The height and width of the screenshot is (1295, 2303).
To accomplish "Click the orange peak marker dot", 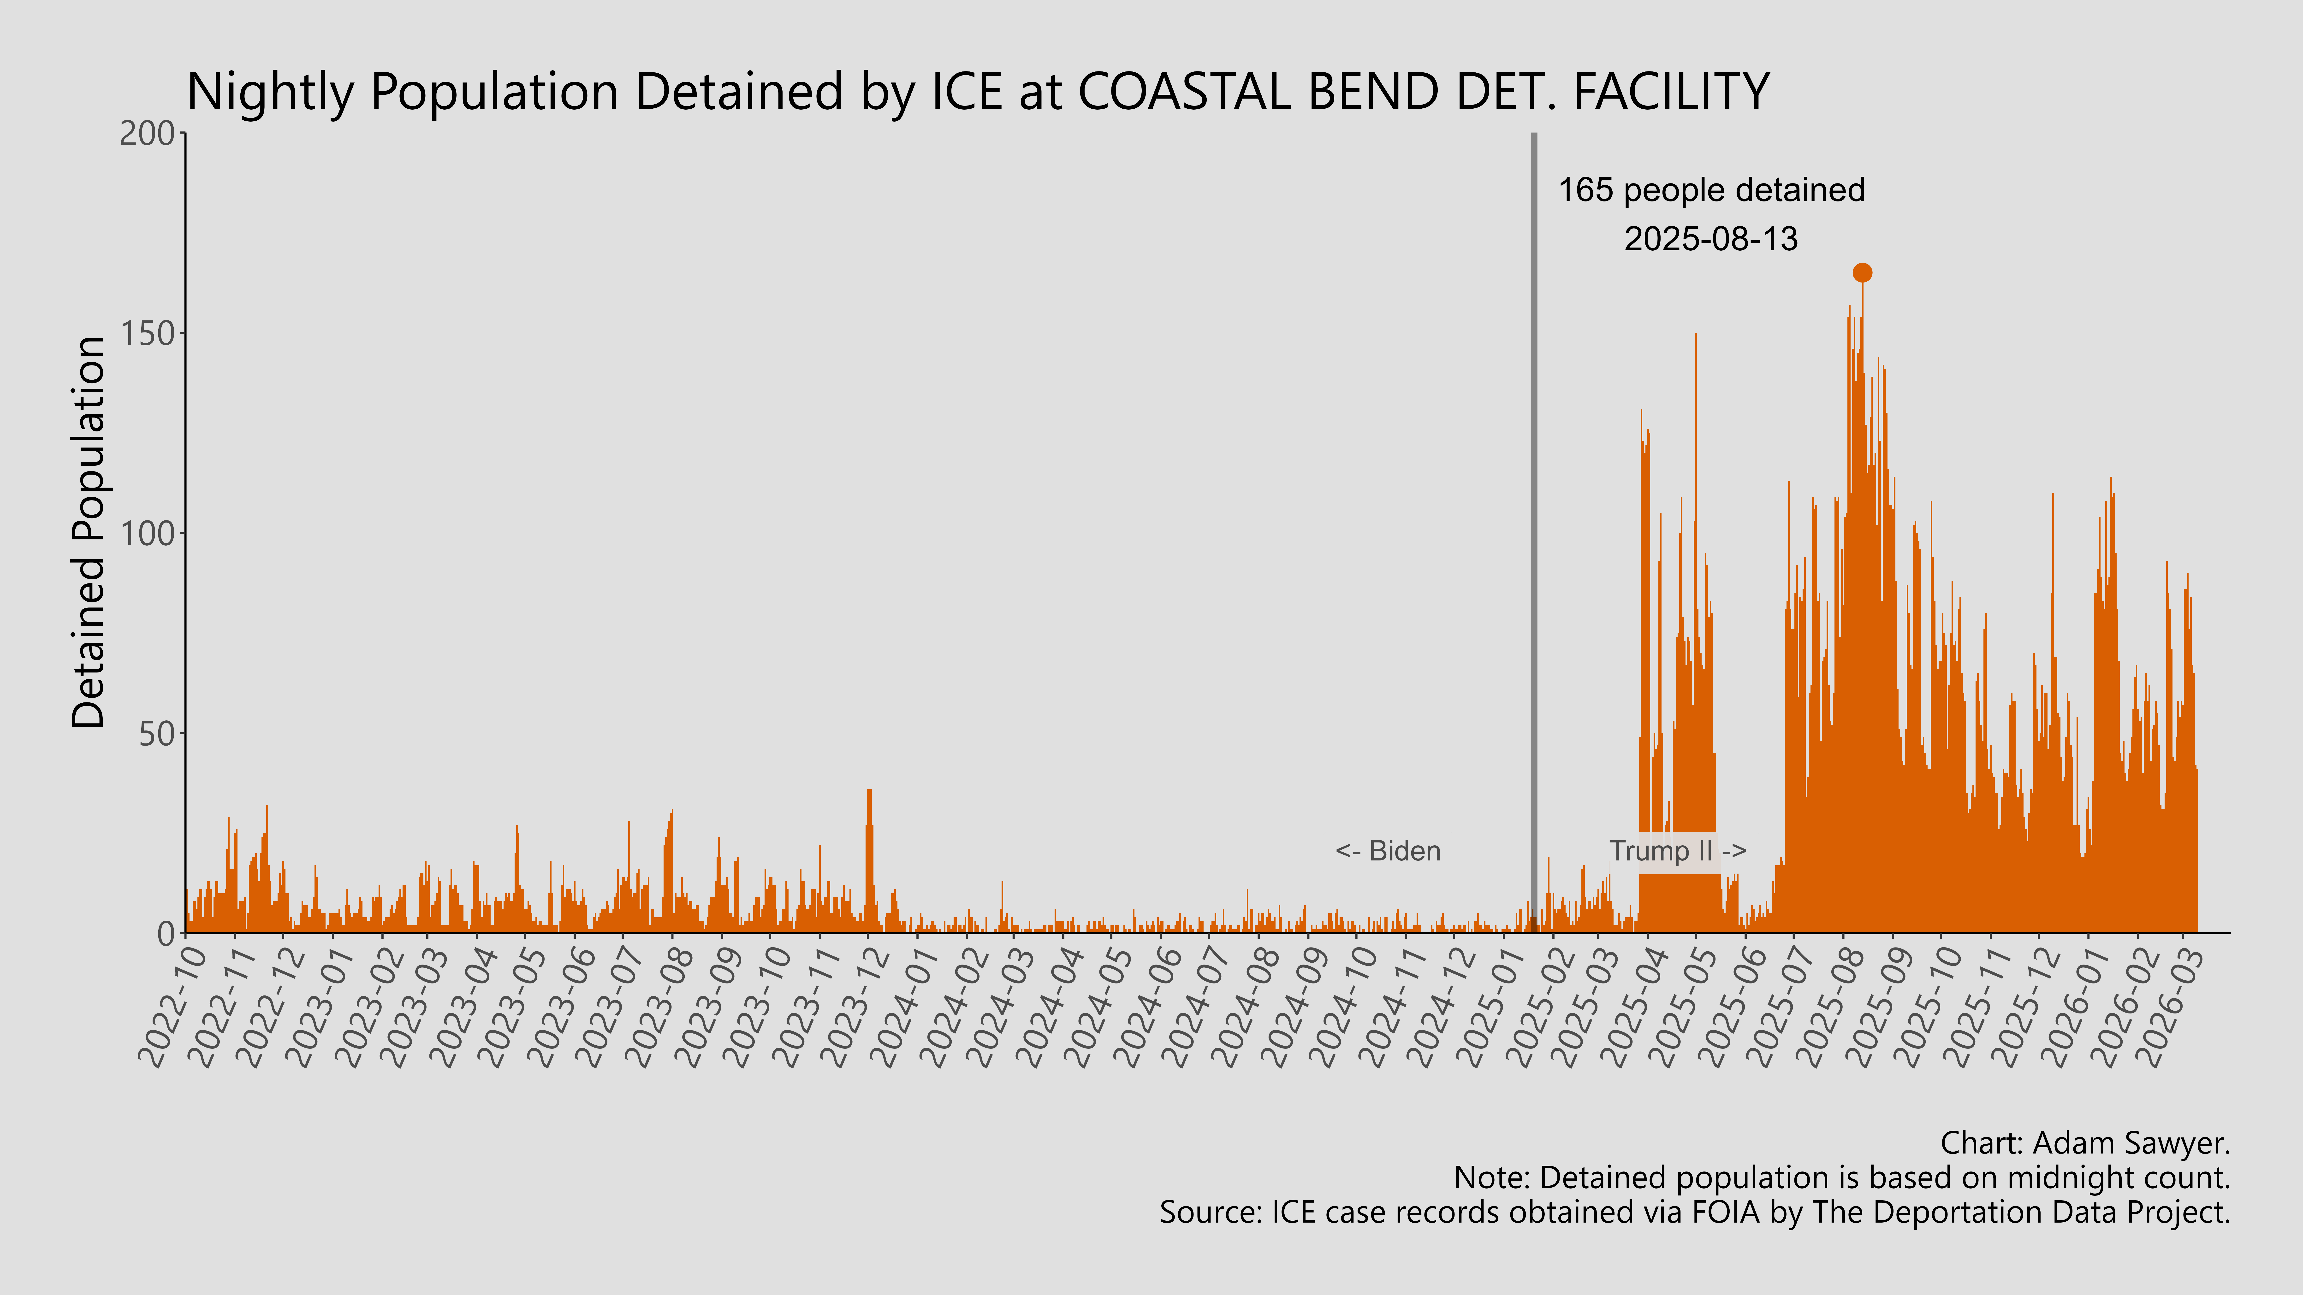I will [x=1862, y=273].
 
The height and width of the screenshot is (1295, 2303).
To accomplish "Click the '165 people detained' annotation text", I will [x=1711, y=190].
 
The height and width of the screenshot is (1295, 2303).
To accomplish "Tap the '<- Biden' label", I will [x=1388, y=851].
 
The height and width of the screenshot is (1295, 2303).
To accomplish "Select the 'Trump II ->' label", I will [x=1677, y=851].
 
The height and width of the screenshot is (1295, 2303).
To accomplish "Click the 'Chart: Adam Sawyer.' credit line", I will [x=2085, y=1143].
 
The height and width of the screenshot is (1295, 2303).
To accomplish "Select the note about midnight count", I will [x=1842, y=1178].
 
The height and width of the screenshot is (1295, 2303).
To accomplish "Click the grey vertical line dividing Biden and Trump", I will [x=1534, y=536].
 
